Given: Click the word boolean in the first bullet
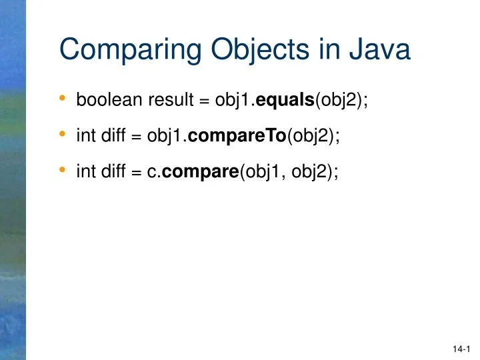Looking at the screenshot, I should point(109,101).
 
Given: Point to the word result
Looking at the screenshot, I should point(171,101).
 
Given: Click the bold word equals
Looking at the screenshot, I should point(285,101).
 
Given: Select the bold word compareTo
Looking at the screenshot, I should point(238,136).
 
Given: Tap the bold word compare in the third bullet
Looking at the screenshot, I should point(200,171).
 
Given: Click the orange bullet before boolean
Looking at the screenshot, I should point(63,99).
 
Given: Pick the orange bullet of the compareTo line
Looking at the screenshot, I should point(63,135).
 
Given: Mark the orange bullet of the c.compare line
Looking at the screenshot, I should point(63,170).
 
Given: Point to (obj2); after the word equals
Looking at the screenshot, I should point(341,101).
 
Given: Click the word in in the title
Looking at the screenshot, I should point(327,50).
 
